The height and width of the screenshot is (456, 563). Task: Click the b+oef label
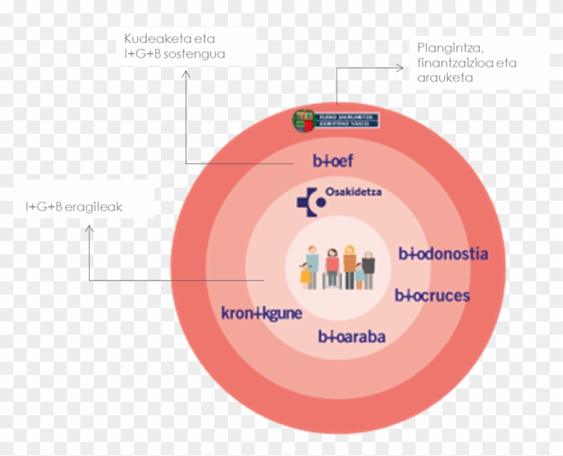pyautogui.click(x=332, y=161)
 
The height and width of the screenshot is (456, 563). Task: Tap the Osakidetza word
pyautogui.click(x=353, y=192)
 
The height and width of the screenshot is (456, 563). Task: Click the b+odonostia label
pyautogui.click(x=443, y=254)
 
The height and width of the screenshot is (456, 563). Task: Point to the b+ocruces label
pyautogui.click(x=432, y=295)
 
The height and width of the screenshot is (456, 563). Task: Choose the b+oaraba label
pyautogui.click(x=351, y=336)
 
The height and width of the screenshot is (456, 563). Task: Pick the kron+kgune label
pyautogui.click(x=261, y=313)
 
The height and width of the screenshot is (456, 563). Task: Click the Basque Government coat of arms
pyautogui.click(x=303, y=121)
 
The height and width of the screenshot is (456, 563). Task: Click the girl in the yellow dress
pyautogui.click(x=306, y=274)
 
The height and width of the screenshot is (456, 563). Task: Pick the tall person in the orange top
pyautogui.click(x=350, y=264)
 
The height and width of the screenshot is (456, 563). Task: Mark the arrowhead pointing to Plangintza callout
pyautogui.click(x=400, y=68)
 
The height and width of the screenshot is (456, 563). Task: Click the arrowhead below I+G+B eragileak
pyautogui.click(x=89, y=229)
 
